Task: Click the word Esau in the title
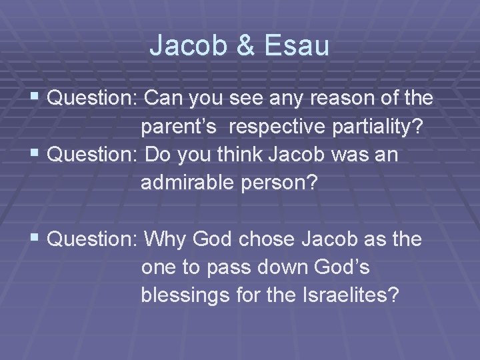coord(297,45)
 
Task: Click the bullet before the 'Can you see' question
coord(38,99)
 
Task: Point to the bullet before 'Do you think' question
coord(38,155)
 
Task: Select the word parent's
coord(177,127)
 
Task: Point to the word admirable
coord(183,183)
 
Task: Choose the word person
coord(284,183)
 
